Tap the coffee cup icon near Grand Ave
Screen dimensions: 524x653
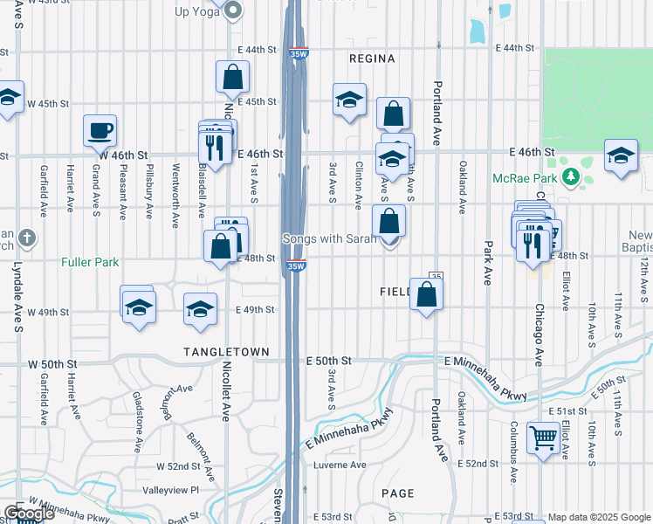(100, 131)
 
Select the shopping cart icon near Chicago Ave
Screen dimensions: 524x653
(544, 438)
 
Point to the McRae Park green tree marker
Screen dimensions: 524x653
(572, 177)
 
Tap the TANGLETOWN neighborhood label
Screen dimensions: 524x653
(221, 350)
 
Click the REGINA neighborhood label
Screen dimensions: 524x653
(372, 59)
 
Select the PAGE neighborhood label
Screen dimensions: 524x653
(397, 493)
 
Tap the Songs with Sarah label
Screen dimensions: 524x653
(329, 238)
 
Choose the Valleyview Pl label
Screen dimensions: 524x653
(171, 490)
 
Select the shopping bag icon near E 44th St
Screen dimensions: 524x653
(233, 76)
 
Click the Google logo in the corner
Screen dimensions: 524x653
(29, 514)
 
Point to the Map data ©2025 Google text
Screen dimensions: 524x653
(599, 517)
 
